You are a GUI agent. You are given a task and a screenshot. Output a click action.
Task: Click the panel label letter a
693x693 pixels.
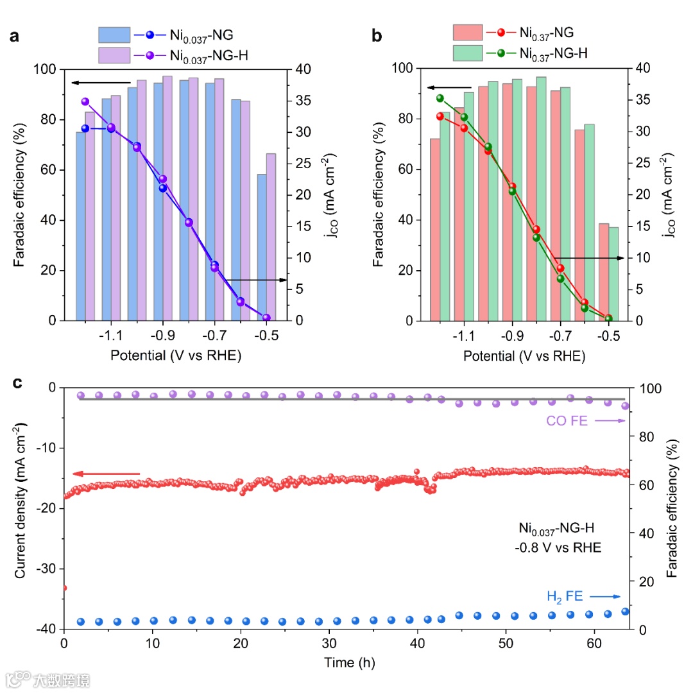click(x=14, y=37)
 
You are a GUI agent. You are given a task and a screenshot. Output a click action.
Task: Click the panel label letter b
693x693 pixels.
click(x=377, y=37)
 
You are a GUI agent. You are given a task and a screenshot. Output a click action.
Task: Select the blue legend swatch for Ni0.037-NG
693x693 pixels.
click(x=114, y=35)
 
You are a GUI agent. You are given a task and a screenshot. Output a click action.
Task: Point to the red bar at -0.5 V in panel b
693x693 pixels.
click(x=604, y=271)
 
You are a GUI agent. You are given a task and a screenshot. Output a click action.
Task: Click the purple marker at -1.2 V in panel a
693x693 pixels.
click(x=85, y=101)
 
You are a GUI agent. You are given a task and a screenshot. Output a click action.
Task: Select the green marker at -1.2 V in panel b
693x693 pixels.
click(x=440, y=98)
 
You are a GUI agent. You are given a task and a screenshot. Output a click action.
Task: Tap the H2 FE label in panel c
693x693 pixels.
click(x=565, y=597)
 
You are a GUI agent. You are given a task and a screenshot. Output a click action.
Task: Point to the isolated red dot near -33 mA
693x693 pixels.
click(x=64, y=588)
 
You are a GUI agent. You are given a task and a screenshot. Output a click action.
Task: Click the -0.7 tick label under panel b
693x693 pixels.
click(x=560, y=335)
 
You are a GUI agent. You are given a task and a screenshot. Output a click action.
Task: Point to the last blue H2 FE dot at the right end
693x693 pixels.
click(x=626, y=612)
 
